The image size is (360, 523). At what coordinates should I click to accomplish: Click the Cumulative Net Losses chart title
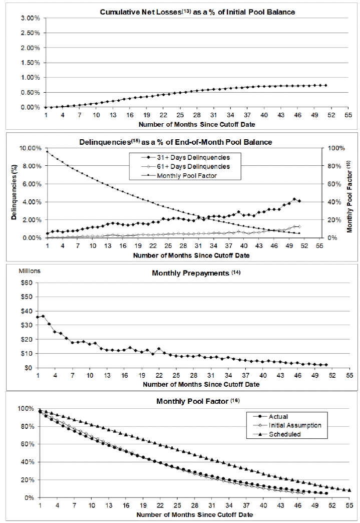[183, 12]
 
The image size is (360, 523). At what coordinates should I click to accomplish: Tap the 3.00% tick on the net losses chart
[30, 18]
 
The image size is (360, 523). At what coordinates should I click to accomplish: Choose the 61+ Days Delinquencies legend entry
[193, 166]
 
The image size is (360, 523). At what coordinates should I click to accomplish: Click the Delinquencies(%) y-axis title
[15, 193]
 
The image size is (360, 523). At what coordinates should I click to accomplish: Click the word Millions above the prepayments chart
[30, 271]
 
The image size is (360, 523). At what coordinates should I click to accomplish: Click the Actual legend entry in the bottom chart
[278, 416]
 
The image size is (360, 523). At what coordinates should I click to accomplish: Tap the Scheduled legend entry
[284, 434]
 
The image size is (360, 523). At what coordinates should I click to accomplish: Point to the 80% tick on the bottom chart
[27, 426]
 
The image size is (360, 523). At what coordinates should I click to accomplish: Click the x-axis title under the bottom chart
[194, 514]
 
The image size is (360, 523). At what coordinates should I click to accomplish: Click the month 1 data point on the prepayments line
[38, 317]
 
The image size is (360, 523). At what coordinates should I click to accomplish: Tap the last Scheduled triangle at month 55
[349, 490]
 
